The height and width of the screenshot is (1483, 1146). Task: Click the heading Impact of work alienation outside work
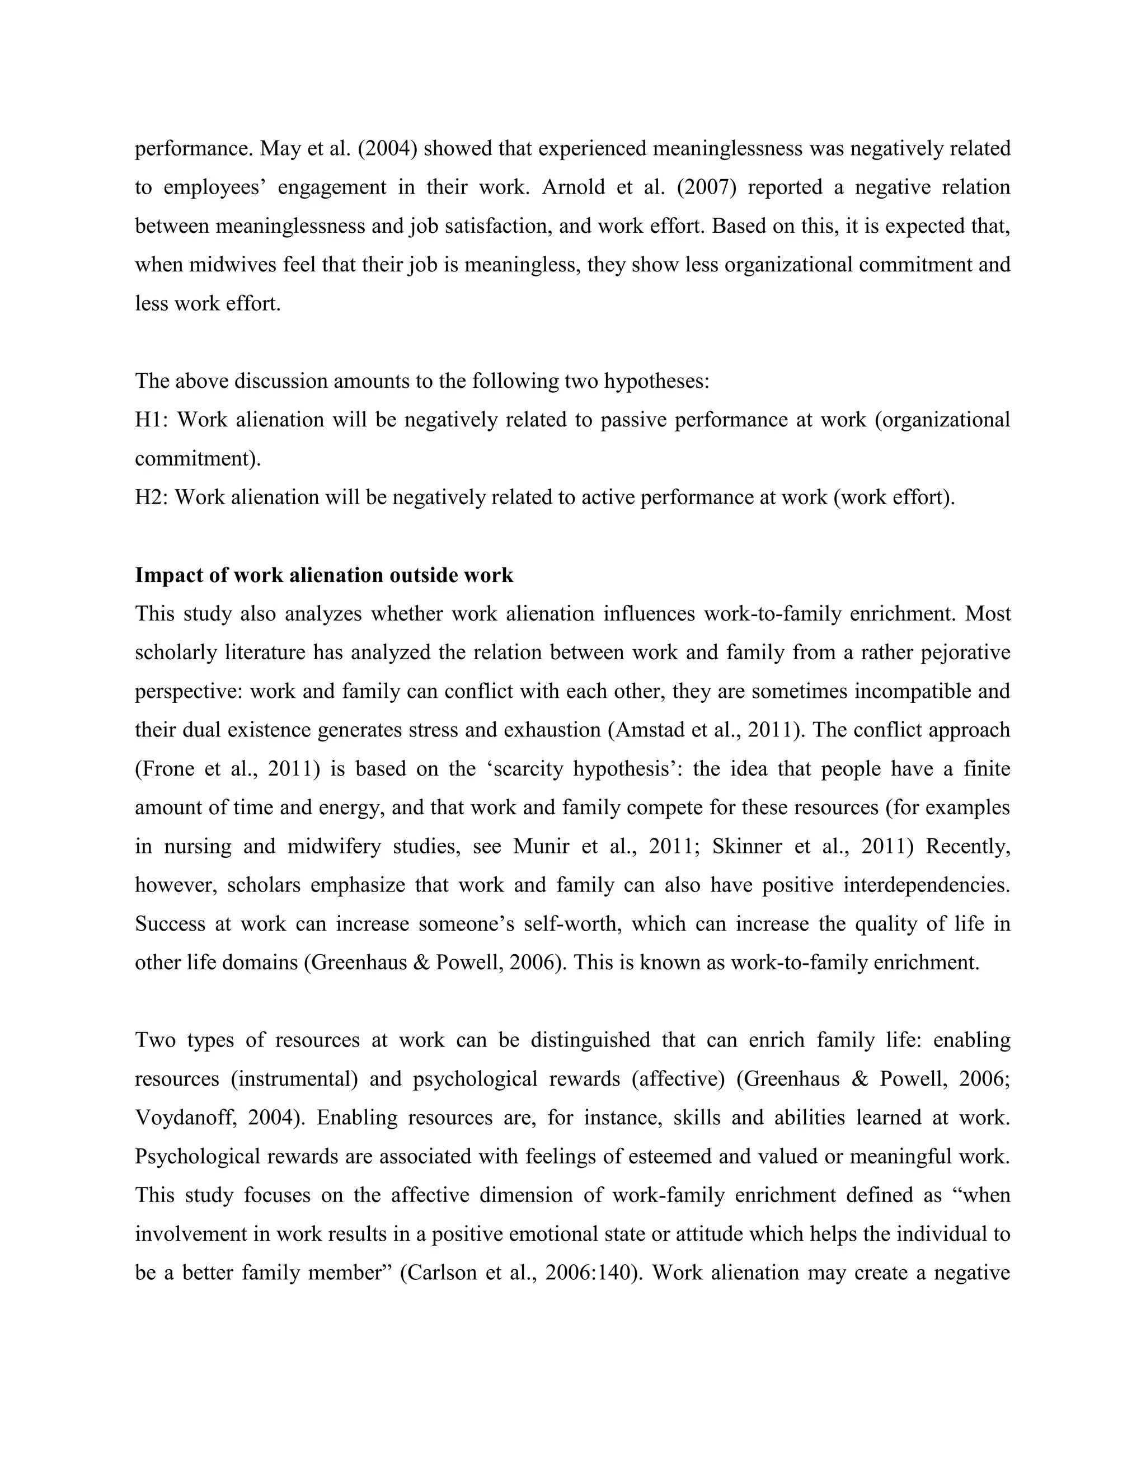click(324, 575)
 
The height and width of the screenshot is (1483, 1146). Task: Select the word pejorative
click(965, 653)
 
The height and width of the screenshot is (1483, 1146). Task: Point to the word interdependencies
click(927, 885)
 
